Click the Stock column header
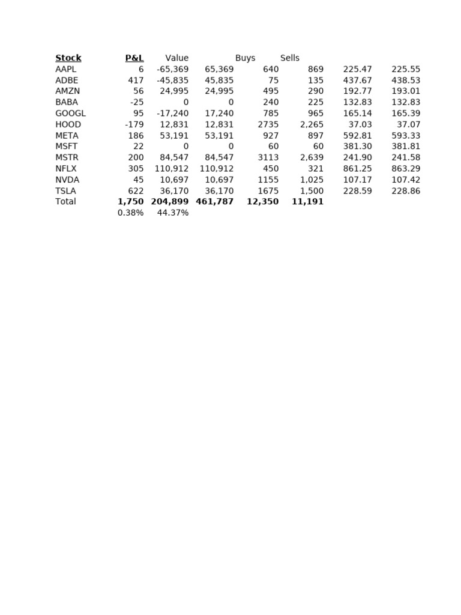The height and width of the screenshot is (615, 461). [68, 58]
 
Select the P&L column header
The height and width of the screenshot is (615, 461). [134, 58]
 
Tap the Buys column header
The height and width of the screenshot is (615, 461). [245, 58]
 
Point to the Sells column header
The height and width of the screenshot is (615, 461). [290, 58]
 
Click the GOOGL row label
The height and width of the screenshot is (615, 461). [70, 114]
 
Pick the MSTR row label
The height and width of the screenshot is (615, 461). [67, 158]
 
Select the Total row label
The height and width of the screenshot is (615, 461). [65, 202]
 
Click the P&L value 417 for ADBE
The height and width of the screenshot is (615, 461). [136, 80]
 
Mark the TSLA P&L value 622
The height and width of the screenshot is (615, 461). [136, 191]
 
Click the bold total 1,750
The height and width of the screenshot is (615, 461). [131, 202]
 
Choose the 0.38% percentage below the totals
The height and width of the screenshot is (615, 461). [131, 213]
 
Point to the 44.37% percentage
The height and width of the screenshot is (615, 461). [173, 213]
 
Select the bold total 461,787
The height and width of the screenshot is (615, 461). [214, 202]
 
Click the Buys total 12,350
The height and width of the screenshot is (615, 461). [262, 202]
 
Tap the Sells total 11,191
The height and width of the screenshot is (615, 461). [307, 202]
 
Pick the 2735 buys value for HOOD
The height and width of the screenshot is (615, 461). [268, 125]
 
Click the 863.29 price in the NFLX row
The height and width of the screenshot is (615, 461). [406, 169]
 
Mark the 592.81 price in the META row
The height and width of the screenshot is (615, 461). [357, 136]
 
